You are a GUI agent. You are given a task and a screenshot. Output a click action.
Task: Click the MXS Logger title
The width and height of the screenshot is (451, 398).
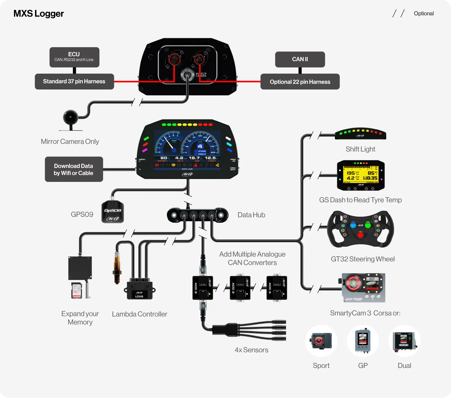[38, 14]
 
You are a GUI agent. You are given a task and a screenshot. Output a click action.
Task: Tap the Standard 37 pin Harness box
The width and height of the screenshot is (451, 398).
[74, 82]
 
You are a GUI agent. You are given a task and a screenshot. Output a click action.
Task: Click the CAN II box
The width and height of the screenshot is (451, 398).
[300, 59]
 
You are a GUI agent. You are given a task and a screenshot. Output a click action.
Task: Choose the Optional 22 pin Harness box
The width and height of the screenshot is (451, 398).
[300, 82]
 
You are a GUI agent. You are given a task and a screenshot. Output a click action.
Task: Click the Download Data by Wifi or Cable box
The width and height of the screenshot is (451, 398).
[74, 169]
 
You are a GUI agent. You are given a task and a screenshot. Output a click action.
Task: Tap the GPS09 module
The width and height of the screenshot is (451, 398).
[112, 212]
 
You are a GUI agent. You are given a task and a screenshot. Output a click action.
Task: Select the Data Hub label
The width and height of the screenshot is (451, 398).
[251, 215]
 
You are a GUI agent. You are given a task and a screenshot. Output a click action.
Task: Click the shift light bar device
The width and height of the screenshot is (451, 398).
[360, 134]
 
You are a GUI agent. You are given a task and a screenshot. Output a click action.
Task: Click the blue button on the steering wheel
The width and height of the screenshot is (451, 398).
[353, 225]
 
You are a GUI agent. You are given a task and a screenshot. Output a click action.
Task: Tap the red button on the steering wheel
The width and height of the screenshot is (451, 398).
[360, 235]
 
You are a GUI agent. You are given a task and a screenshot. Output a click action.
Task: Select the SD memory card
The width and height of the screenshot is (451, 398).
[76, 290]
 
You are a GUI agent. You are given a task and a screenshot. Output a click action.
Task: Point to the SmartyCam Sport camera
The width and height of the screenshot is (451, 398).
[321, 341]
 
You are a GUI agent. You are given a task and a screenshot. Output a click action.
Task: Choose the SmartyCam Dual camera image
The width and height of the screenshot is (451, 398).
[404, 341]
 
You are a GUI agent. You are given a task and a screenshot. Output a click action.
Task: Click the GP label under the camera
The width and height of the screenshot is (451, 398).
[363, 366]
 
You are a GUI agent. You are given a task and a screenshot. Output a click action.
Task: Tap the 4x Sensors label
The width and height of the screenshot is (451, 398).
[251, 350]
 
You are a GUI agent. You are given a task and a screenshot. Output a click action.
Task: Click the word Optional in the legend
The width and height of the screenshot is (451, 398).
[424, 14]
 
